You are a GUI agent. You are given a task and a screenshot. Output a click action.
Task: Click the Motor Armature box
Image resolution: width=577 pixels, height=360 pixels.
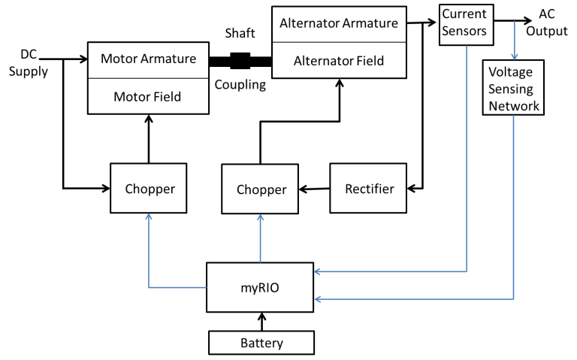tap(147, 59)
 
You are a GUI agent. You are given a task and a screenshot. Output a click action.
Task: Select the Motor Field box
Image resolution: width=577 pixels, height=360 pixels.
tap(147, 96)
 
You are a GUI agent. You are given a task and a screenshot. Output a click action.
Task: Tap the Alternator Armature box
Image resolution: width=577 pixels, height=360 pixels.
tap(339, 23)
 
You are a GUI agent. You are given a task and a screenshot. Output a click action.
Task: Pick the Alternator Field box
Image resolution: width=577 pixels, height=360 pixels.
tap(339, 61)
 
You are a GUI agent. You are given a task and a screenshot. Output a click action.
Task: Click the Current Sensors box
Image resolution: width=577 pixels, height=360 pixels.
tap(464, 23)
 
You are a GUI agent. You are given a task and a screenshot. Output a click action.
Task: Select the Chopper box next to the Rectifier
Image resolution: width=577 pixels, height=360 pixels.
tap(261, 189)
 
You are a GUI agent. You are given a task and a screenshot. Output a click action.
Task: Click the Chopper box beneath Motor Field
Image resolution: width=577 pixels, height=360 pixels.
tap(150, 189)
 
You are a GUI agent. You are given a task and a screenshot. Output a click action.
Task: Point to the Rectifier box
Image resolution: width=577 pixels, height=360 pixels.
tap(369, 189)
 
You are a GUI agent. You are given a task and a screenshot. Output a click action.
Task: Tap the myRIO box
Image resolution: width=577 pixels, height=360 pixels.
tap(260, 286)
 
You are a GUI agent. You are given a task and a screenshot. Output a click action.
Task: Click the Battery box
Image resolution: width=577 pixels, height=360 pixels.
tap(261, 343)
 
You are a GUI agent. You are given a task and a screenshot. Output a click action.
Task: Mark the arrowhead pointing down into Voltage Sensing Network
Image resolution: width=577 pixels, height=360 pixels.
tap(514, 56)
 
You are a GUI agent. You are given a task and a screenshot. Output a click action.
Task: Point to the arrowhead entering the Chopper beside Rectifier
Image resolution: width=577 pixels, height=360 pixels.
tap(261, 217)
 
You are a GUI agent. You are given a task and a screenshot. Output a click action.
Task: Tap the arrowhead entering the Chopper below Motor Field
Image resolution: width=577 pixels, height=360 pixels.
tap(149, 216)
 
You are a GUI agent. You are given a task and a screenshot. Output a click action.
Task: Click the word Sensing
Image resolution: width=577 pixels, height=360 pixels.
tap(511, 89)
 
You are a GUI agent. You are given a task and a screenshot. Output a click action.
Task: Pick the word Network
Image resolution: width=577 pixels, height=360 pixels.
tap(514, 106)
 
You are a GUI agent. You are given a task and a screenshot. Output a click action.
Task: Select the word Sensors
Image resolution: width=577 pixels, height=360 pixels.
tap(464, 32)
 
